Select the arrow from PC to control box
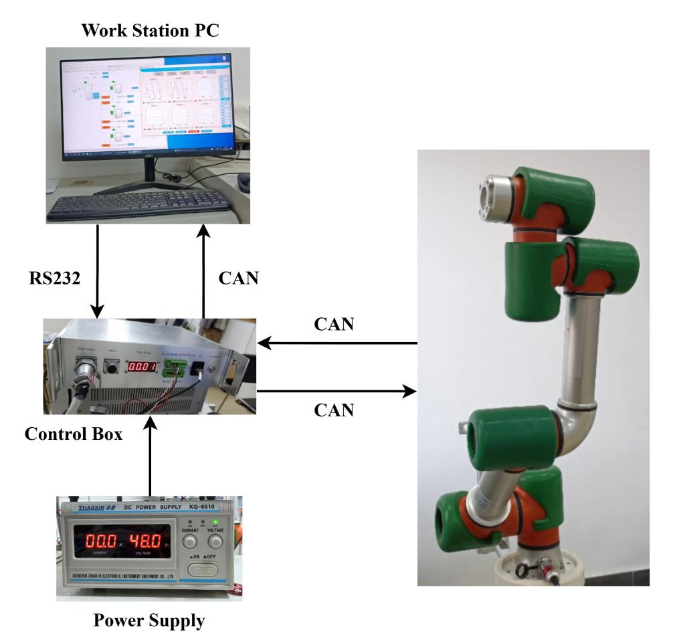click(x=98, y=271)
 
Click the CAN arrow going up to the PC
click(x=203, y=271)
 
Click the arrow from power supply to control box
click(x=150, y=455)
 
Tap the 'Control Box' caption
click(x=74, y=434)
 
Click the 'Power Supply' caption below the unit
click(x=149, y=621)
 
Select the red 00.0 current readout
click(x=96, y=539)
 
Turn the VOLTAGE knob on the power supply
click(x=215, y=542)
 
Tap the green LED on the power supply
click(x=215, y=522)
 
